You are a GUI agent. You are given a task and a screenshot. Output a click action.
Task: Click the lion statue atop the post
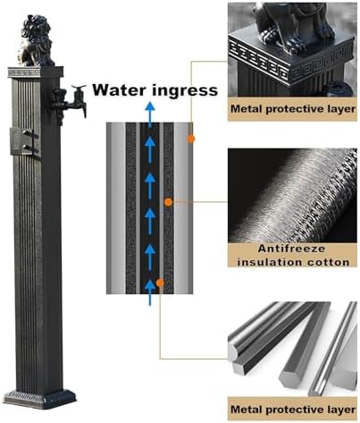tap(37, 40)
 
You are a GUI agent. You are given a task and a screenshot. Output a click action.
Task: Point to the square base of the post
tap(39, 399)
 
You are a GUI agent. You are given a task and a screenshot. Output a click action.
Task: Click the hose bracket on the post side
tap(24, 141)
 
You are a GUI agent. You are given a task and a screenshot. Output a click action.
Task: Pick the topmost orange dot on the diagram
tap(190, 139)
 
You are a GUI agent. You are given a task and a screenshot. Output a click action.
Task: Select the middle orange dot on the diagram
tap(168, 202)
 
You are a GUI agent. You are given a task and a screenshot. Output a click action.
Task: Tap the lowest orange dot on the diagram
tap(160, 283)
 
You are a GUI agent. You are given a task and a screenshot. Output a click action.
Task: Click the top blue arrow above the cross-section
tap(150, 114)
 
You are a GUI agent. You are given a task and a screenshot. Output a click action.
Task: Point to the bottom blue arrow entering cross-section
tap(150, 293)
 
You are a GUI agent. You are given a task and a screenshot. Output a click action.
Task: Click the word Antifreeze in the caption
tap(291, 249)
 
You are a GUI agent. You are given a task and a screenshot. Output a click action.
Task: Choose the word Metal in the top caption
tap(247, 109)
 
